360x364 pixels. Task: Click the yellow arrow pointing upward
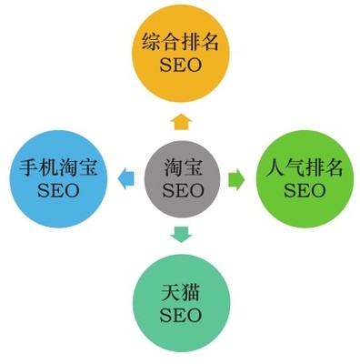182,120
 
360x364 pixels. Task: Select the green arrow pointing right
235,178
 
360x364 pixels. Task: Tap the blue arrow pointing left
124,178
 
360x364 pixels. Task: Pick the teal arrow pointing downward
182,235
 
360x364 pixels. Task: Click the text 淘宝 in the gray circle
182,168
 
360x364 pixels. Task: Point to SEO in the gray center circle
182,191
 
